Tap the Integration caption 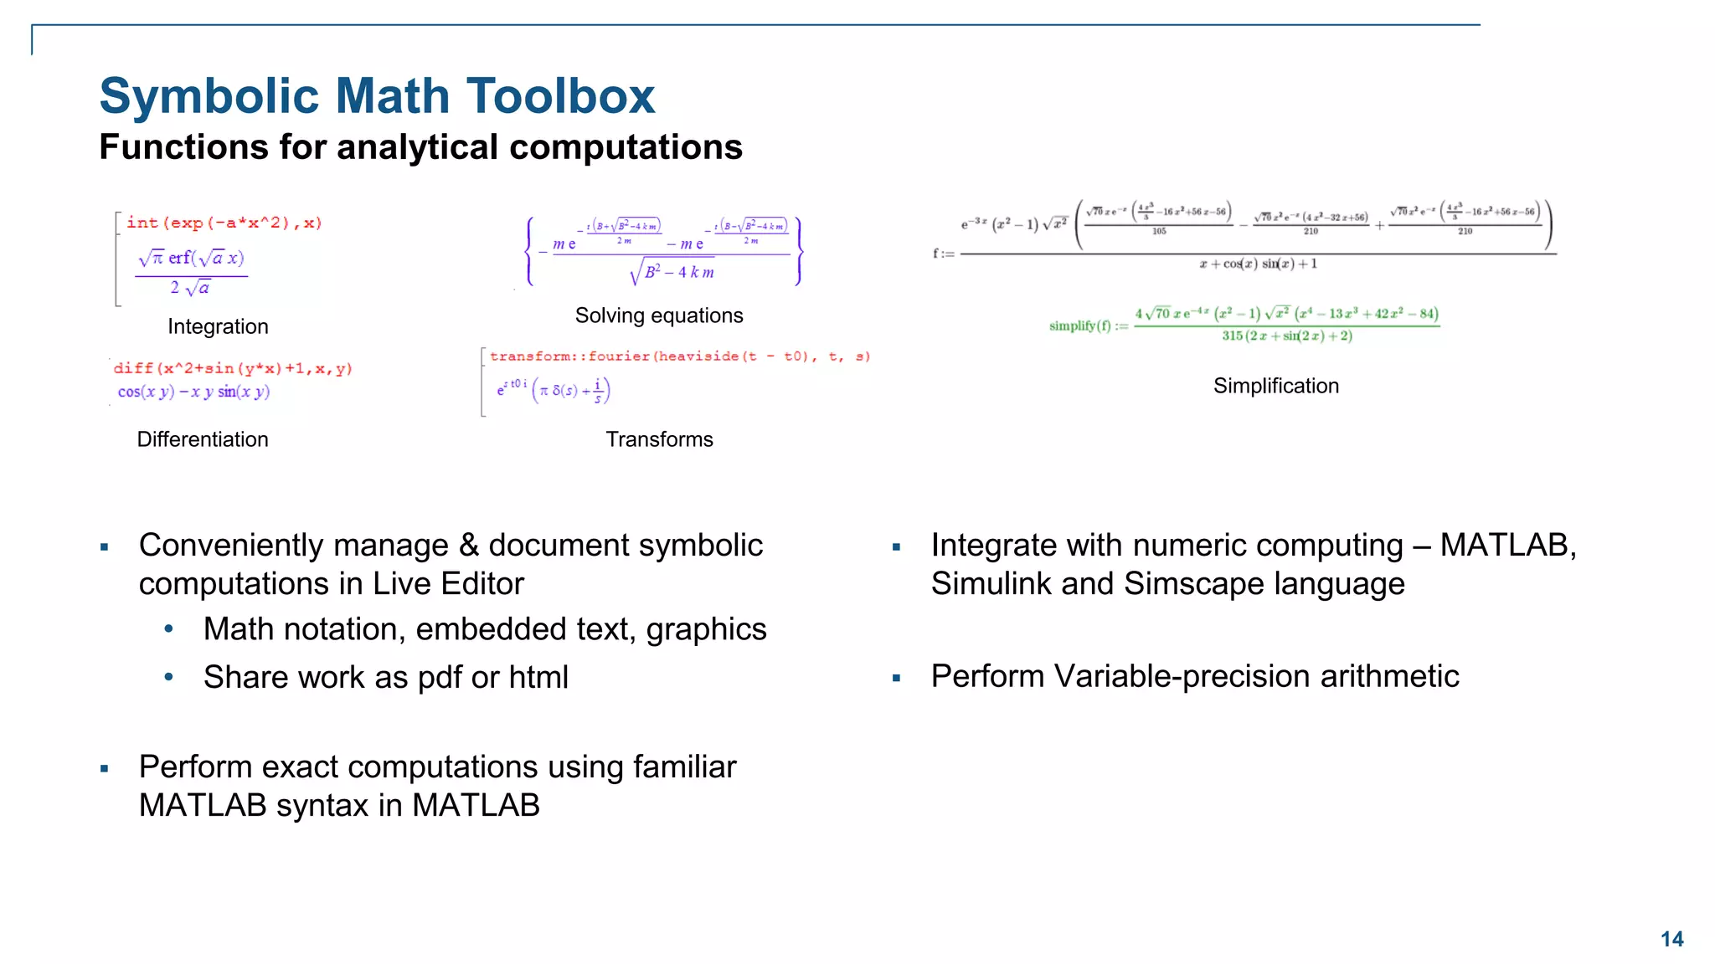pyautogui.click(x=218, y=326)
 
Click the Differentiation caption pyautogui.click(x=203, y=439)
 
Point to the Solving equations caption pyautogui.click(x=659, y=315)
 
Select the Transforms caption pyautogui.click(x=659, y=439)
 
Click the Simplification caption pyautogui.click(x=1275, y=386)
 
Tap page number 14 pyautogui.click(x=1671, y=939)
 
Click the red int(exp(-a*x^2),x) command pyautogui.click(x=224, y=223)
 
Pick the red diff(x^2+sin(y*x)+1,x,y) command pyautogui.click(x=233, y=368)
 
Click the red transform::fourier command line pyautogui.click(x=679, y=356)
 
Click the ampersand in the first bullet pyautogui.click(x=468, y=546)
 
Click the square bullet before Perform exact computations pyautogui.click(x=105, y=768)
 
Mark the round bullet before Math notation pyautogui.click(x=169, y=628)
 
